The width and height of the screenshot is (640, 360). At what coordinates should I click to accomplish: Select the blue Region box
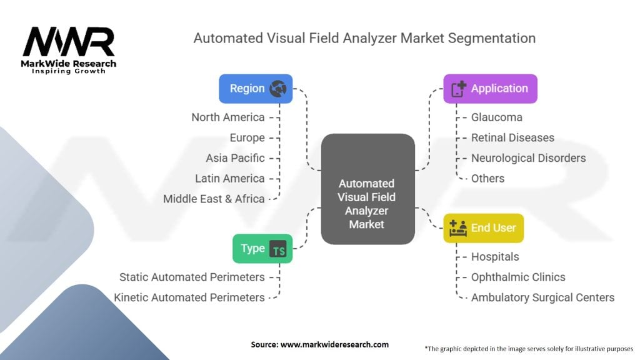[x=256, y=89]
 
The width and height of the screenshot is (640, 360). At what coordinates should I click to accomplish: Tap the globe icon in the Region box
[x=277, y=89]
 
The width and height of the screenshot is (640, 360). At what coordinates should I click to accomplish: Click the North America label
[x=228, y=117]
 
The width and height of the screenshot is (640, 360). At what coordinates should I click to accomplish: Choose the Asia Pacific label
[x=235, y=158]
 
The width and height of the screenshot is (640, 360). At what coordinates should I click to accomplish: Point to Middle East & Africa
[x=214, y=199]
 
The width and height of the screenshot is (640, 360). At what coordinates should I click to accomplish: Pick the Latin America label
[x=229, y=178]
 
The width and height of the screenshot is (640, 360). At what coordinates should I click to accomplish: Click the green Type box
[x=262, y=249]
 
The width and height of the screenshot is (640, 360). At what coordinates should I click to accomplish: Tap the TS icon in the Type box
[x=278, y=249]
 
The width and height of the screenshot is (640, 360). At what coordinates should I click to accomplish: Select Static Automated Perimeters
[x=192, y=277]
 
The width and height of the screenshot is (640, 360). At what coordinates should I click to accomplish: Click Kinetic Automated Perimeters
[x=189, y=297]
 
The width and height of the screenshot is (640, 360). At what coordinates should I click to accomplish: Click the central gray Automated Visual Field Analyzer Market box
[x=367, y=188]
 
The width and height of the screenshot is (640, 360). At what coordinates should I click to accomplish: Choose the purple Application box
[x=490, y=89]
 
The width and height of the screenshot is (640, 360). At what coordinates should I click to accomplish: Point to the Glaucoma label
[x=497, y=117]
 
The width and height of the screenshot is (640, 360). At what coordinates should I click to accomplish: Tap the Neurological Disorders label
[x=528, y=158]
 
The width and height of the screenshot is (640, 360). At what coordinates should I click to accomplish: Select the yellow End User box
[x=483, y=228]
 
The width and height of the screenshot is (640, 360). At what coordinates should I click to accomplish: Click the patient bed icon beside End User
[x=458, y=228]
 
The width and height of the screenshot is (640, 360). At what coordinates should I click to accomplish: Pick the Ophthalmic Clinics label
[x=518, y=277]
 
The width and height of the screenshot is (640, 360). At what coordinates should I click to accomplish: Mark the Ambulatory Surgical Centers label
[x=542, y=297]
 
